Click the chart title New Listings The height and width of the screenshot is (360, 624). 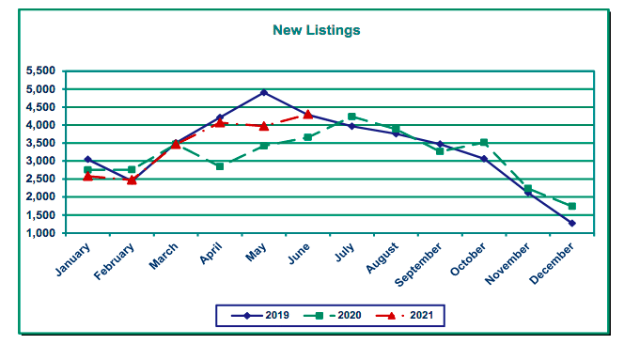coord(316,30)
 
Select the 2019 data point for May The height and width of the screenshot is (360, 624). coord(264,92)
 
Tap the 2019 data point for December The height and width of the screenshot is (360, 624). coord(571,223)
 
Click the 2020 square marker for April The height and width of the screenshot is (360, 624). coord(220,166)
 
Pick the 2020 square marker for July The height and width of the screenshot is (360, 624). coord(351,117)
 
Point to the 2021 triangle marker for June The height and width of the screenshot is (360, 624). coord(307,114)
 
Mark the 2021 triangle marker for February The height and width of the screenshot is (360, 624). coord(132,180)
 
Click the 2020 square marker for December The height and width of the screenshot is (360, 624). coord(571,206)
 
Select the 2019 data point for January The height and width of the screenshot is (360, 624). coord(87,160)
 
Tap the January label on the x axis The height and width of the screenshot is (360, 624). coord(72,259)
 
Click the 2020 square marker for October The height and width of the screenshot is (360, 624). coord(483,143)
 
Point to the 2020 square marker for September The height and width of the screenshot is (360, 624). coord(440,151)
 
